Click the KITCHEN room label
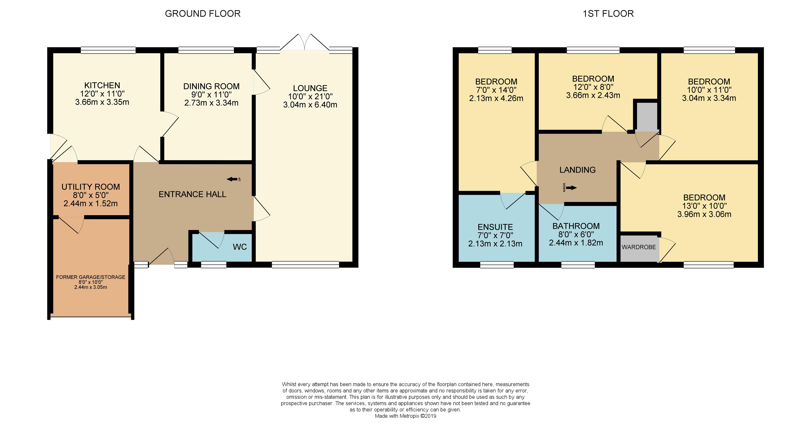(102, 85)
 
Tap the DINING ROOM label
(211, 86)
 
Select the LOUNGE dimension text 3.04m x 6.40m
(310, 105)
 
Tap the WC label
(240, 247)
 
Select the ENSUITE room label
(495, 227)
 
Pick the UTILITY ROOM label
(91, 187)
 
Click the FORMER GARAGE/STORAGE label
(91, 277)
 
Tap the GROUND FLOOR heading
(203, 14)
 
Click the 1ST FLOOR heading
(608, 14)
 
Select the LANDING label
(577, 170)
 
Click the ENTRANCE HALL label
(192, 194)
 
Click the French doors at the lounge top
(305, 43)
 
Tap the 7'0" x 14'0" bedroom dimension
(496, 90)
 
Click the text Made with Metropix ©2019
(405, 416)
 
